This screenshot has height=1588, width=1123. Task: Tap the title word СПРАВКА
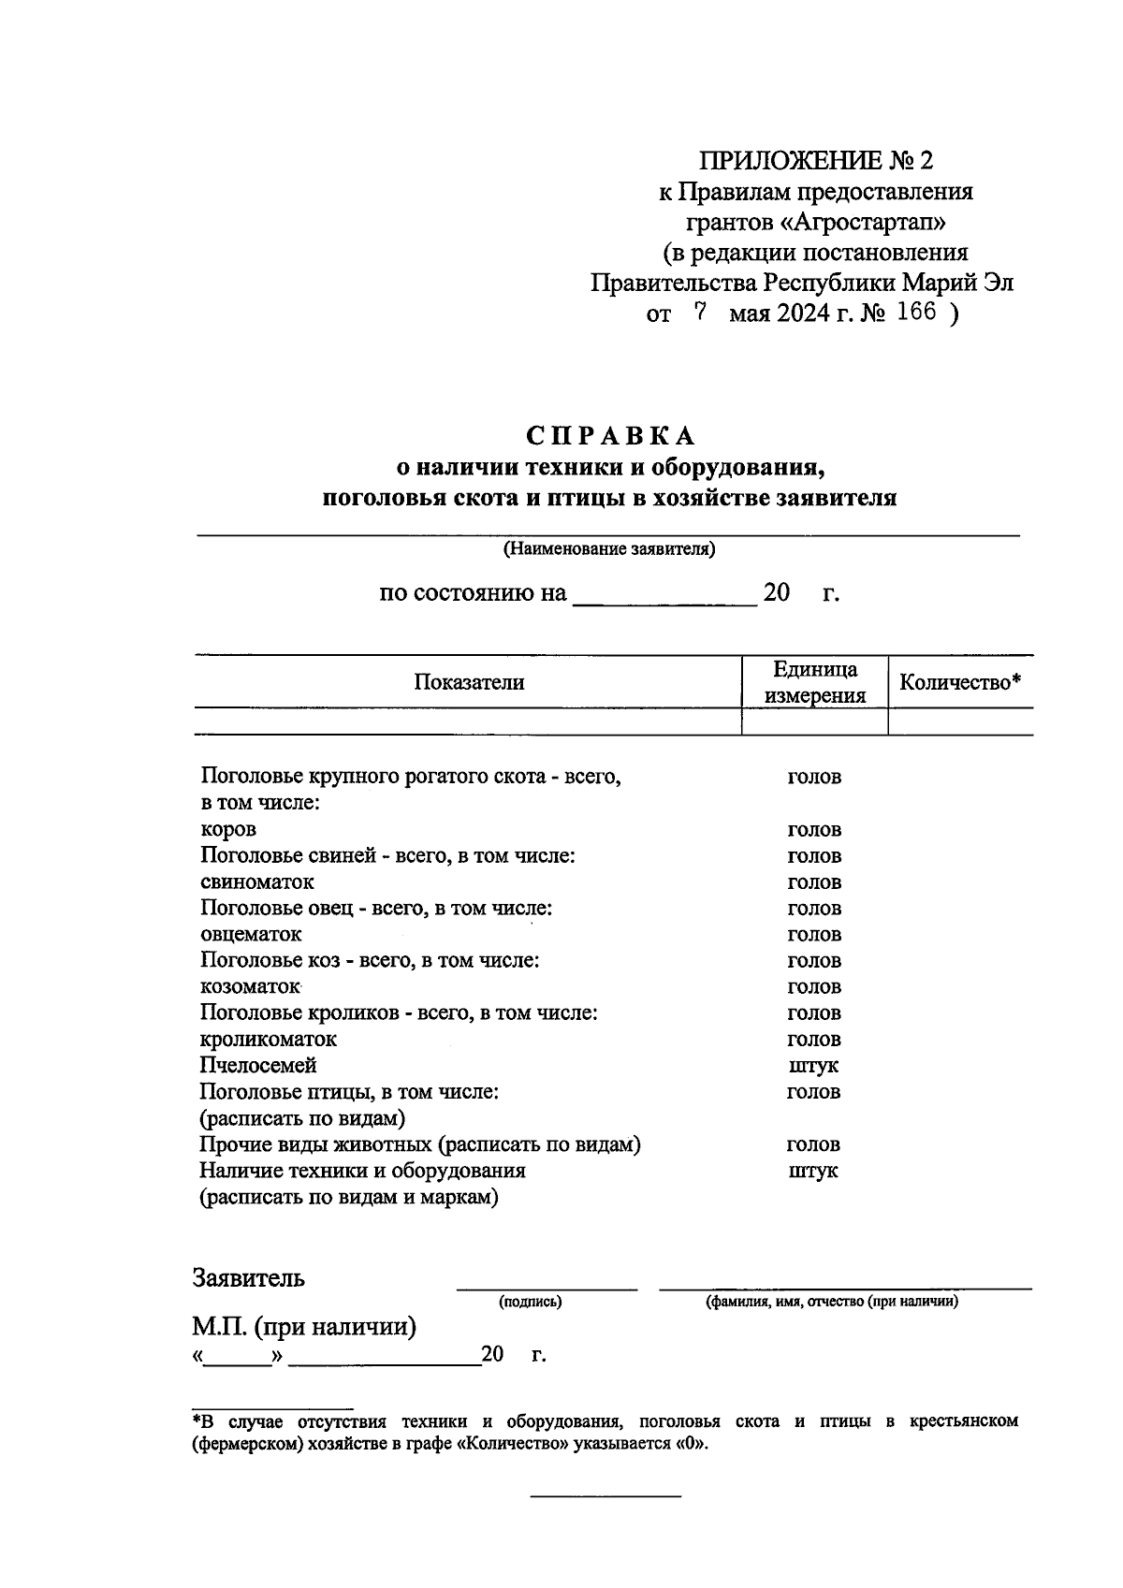(610, 436)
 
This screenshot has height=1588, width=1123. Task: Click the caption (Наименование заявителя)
(609, 549)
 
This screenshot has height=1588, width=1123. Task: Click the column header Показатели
(469, 682)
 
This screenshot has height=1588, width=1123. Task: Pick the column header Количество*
(960, 682)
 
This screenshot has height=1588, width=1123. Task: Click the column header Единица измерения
(814, 682)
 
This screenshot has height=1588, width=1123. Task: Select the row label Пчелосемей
(258, 1066)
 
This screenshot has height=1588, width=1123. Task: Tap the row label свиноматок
(257, 882)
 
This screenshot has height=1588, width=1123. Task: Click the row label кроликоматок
(269, 1040)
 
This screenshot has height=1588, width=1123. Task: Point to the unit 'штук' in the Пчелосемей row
(813, 1066)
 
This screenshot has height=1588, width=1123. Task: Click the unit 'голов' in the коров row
(814, 830)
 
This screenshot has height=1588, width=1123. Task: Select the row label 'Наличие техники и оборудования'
(362, 1171)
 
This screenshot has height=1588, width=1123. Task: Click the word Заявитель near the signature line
(249, 1278)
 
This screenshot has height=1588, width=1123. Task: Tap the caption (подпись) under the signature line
(531, 1302)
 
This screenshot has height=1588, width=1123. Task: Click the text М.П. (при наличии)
(304, 1327)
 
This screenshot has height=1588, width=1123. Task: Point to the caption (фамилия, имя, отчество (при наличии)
(831, 1302)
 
